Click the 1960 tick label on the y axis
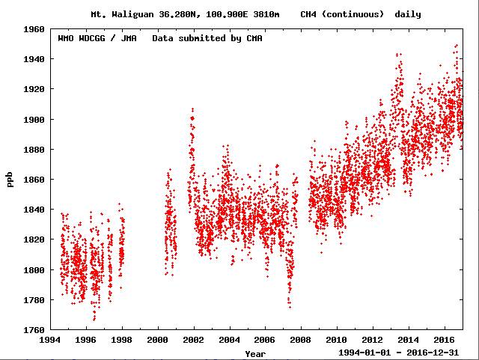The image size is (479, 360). point(34,29)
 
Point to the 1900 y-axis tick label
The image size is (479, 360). point(34,120)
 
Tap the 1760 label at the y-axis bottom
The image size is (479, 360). point(34,330)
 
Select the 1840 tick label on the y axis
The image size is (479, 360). point(34,210)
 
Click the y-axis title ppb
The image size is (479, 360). point(10,180)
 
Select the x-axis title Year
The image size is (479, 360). point(254,353)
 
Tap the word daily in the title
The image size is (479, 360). point(408,14)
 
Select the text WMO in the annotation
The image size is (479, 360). point(67,38)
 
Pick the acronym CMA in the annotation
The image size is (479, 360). point(254,38)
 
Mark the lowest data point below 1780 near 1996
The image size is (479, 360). point(94,320)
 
